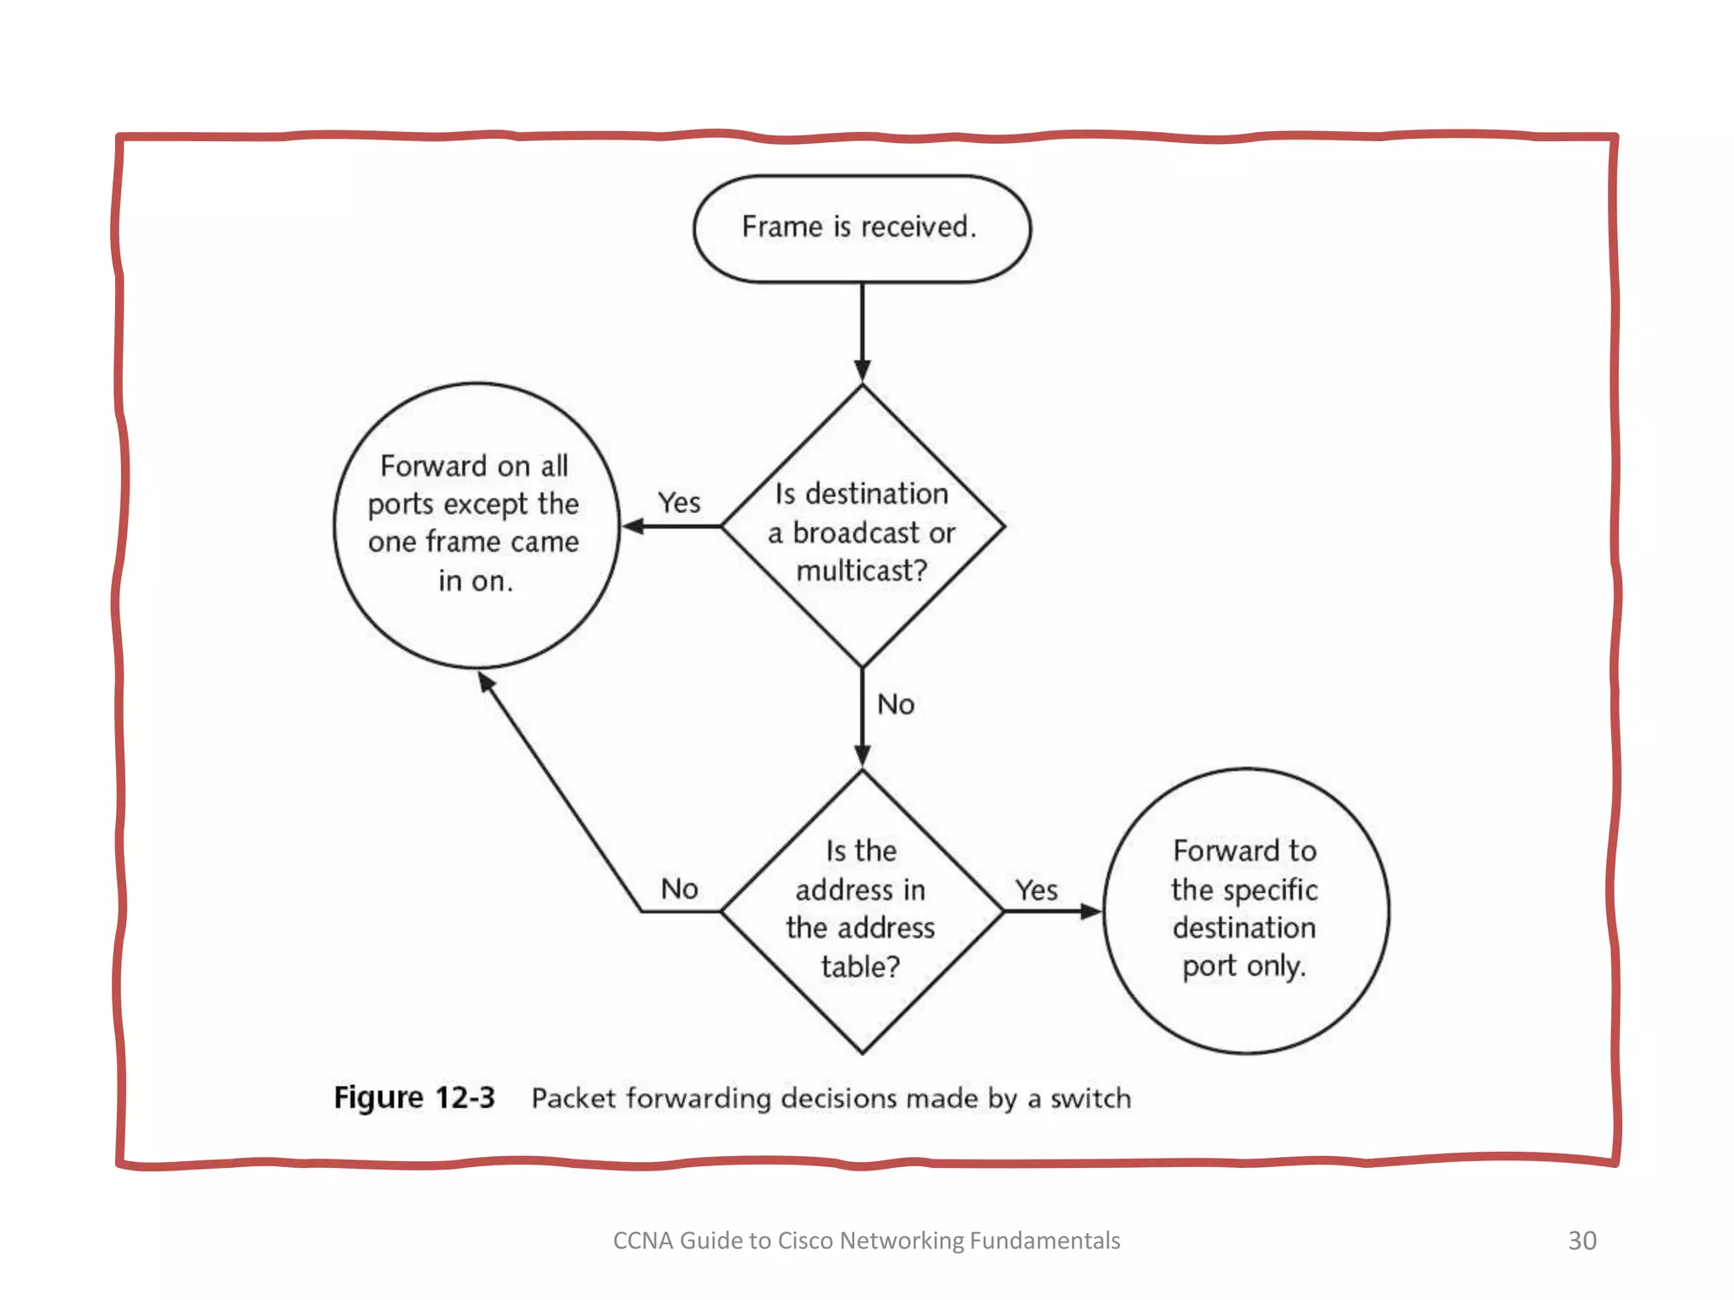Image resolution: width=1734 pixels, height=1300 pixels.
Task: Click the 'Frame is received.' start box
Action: click(x=861, y=228)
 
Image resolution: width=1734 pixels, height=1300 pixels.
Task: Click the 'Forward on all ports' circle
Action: click(x=476, y=525)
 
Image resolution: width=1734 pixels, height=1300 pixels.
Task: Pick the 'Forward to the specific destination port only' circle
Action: click(x=1245, y=910)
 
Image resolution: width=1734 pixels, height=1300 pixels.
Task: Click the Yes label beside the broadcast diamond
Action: click(x=679, y=503)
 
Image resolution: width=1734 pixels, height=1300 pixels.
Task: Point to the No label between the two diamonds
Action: click(x=896, y=704)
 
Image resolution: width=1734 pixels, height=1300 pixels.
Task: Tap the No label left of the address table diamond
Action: click(x=679, y=889)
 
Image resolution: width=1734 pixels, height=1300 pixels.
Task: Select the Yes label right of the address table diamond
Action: click(x=1036, y=890)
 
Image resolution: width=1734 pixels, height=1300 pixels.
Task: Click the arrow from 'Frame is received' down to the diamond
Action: click(x=862, y=330)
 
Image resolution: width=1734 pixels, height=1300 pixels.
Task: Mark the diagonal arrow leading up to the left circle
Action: click(x=559, y=791)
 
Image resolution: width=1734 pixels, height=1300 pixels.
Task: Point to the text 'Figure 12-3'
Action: click(x=414, y=1098)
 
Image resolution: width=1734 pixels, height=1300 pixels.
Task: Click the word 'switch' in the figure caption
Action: click(x=1091, y=1099)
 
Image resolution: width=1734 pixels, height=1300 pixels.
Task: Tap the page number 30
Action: click(x=1582, y=1240)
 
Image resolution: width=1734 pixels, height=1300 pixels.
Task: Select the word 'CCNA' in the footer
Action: click(x=643, y=1241)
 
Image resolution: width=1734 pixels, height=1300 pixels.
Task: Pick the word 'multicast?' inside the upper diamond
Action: click(x=862, y=571)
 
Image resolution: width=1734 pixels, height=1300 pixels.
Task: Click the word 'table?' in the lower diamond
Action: click(x=860, y=967)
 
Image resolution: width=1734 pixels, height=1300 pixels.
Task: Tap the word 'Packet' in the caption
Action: click(x=573, y=1099)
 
